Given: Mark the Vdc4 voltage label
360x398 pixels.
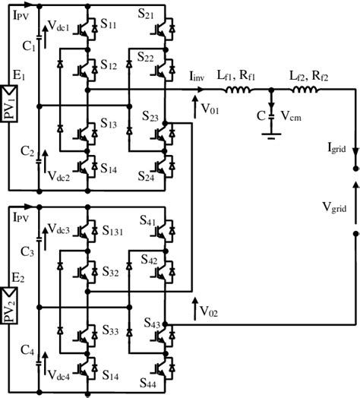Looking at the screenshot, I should tap(60, 374).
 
